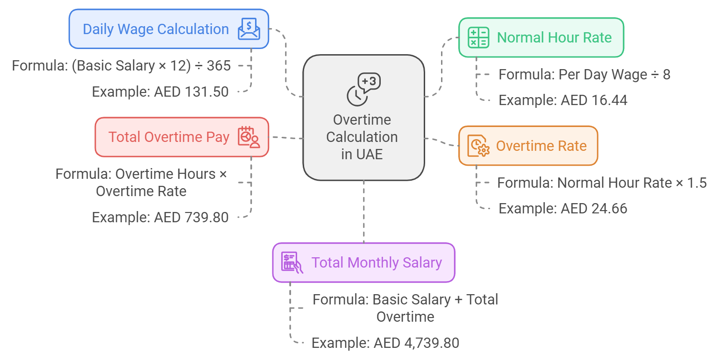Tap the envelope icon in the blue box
(x=249, y=29)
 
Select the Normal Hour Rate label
(x=554, y=37)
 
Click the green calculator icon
(x=478, y=37)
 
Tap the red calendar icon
(x=249, y=137)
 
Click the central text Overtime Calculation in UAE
(x=362, y=137)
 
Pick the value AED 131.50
(x=191, y=92)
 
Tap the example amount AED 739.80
(x=191, y=218)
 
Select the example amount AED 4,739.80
(x=416, y=343)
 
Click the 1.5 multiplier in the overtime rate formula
(x=698, y=183)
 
